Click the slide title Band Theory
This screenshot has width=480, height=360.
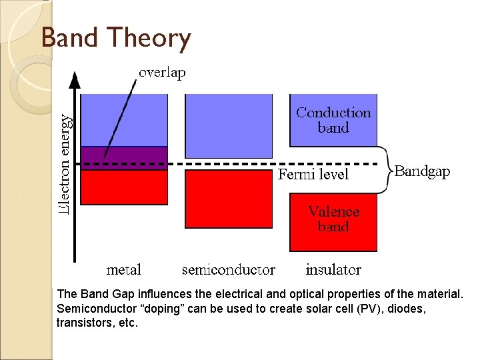pyautogui.click(x=116, y=39)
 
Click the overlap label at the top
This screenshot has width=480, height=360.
pyautogui.click(x=162, y=73)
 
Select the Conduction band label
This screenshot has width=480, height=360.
pyautogui.click(x=333, y=120)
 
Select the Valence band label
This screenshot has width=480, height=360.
pyautogui.click(x=333, y=219)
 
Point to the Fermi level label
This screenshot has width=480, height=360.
pyautogui.click(x=313, y=175)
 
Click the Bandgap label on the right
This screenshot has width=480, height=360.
pyautogui.click(x=422, y=171)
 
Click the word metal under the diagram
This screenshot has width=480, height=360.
pyautogui.click(x=124, y=270)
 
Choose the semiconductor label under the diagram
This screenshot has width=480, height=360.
pyautogui.click(x=228, y=270)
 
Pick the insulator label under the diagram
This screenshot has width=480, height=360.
pyautogui.click(x=333, y=270)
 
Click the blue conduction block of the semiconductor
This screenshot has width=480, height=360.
pyautogui.click(x=228, y=125)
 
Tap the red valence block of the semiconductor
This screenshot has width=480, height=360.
pyautogui.click(x=228, y=199)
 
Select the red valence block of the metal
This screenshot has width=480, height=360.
pyautogui.click(x=124, y=187)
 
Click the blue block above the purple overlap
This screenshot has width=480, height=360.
pyautogui.click(x=124, y=120)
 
